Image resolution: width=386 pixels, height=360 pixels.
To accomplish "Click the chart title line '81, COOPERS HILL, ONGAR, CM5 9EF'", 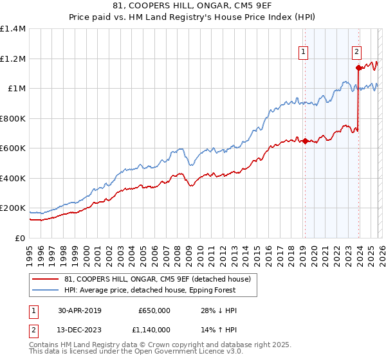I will [193, 6].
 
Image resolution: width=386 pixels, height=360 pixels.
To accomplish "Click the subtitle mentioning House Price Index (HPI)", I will [193, 17].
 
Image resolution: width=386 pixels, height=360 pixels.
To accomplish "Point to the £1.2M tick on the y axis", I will [13, 59].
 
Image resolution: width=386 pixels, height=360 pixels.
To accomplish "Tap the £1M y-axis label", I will [15, 89].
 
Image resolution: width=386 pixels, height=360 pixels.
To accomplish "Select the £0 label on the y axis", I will [21, 238].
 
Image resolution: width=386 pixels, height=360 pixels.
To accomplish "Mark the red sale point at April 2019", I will [305, 141].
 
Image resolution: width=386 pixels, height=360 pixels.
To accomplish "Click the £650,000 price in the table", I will [154, 310].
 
